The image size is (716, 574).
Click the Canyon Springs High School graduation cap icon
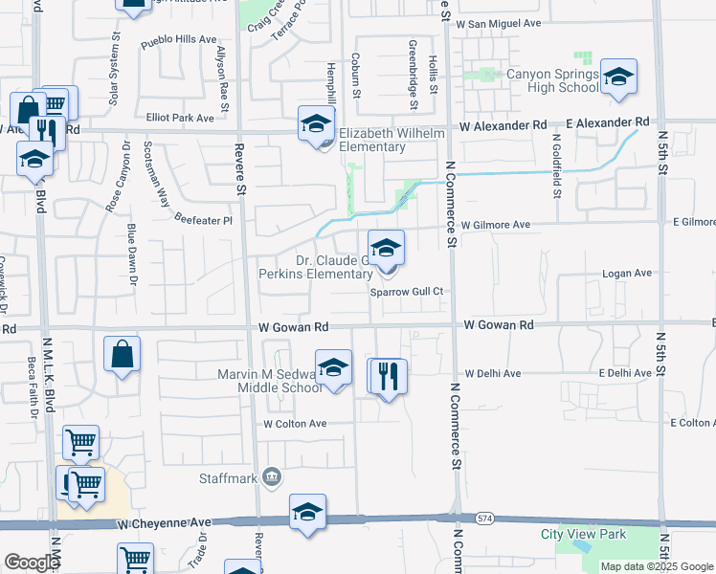pyautogui.click(x=618, y=79)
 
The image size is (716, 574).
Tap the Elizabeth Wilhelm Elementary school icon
pyautogui.click(x=316, y=124)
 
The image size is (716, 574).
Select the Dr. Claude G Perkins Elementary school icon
pyautogui.click(x=386, y=249)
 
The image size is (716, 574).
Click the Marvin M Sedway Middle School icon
pyautogui.click(x=333, y=368)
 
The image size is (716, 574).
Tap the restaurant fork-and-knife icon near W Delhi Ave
pyautogui.click(x=388, y=376)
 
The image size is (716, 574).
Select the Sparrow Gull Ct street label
pyautogui.click(x=411, y=292)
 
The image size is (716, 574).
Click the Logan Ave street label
pyautogui.click(x=627, y=273)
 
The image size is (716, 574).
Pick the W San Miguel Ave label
pyautogui.click(x=499, y=23)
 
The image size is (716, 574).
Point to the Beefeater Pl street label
pyautogui.click(x=203, y=220)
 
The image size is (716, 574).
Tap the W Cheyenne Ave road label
pyautogui.click(x=164, y=524)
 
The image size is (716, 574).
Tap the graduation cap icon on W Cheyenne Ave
pyautogui.click(x=307, y=513)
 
